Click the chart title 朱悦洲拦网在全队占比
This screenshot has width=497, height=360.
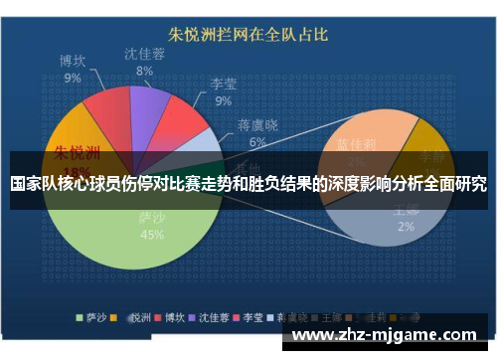248,34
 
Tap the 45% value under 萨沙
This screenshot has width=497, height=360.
152,236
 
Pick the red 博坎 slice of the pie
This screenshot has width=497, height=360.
104,113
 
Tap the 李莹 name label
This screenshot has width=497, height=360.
224,84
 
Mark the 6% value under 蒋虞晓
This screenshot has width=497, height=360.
257,141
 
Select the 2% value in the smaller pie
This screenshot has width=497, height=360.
406,227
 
